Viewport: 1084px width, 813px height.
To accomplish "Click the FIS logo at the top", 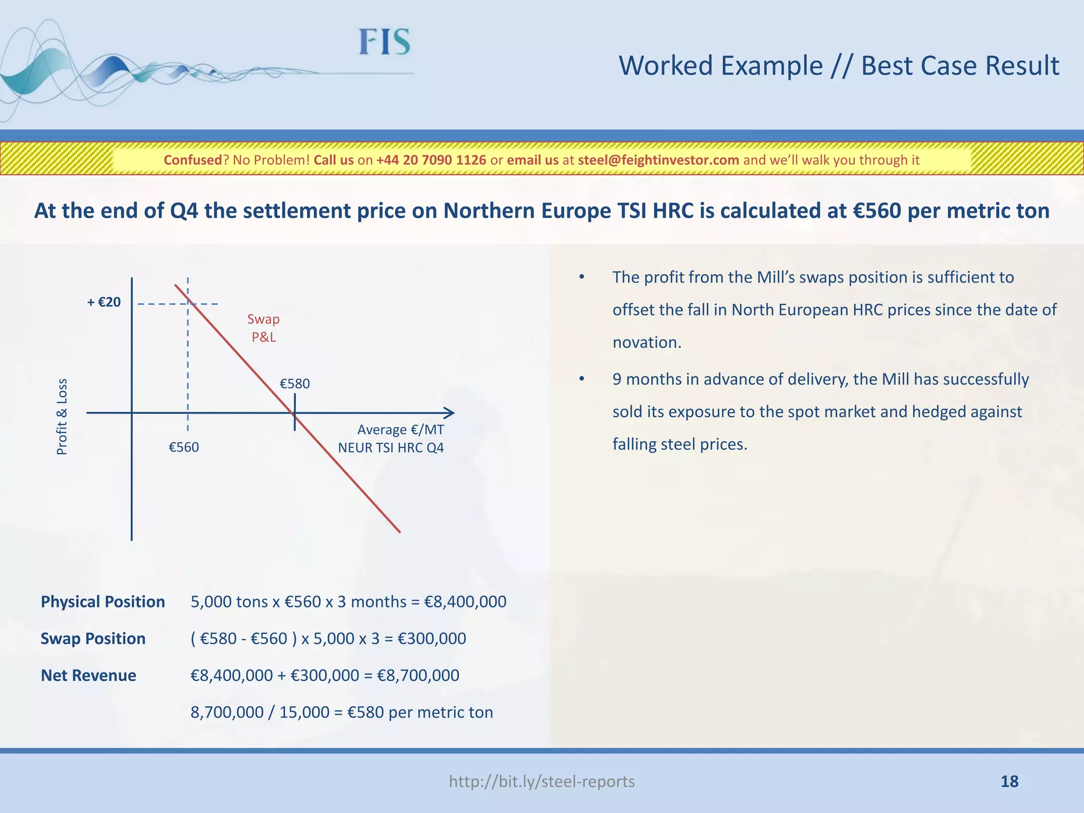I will [x=384, y=42].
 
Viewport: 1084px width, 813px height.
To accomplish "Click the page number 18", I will [x=1009, y=781].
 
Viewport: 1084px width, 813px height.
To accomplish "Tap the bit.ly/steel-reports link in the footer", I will [x=541, y=781].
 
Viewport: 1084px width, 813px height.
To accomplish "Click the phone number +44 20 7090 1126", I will [x=431, y=160].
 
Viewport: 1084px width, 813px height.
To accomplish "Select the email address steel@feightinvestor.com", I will [x=658, y=160].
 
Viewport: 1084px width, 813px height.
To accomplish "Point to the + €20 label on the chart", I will [x=104, y=302].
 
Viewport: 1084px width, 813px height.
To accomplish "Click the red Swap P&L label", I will [x=264, y=328].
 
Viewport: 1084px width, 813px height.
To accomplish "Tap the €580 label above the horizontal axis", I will [x=295, y=384].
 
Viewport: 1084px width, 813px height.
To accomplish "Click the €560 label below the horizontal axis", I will [x=184, y=447].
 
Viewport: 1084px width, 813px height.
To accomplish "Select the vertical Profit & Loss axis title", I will [x=62, y=417].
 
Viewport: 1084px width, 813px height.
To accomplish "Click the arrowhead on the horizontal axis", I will [x=449, y=413].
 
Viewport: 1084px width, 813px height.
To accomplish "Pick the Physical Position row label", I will [x=103, y=602].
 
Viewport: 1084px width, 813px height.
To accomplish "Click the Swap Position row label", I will [x=93, y=638].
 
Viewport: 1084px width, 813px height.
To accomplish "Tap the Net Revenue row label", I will [x=88, y=675].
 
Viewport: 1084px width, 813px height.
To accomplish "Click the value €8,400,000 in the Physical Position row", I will [x=465, y=602].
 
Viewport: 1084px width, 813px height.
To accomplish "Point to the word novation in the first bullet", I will [x=646, y=342].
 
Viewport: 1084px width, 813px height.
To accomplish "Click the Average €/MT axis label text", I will [x=401, y=430].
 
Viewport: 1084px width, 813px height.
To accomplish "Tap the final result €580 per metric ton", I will [x=420, y=712].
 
